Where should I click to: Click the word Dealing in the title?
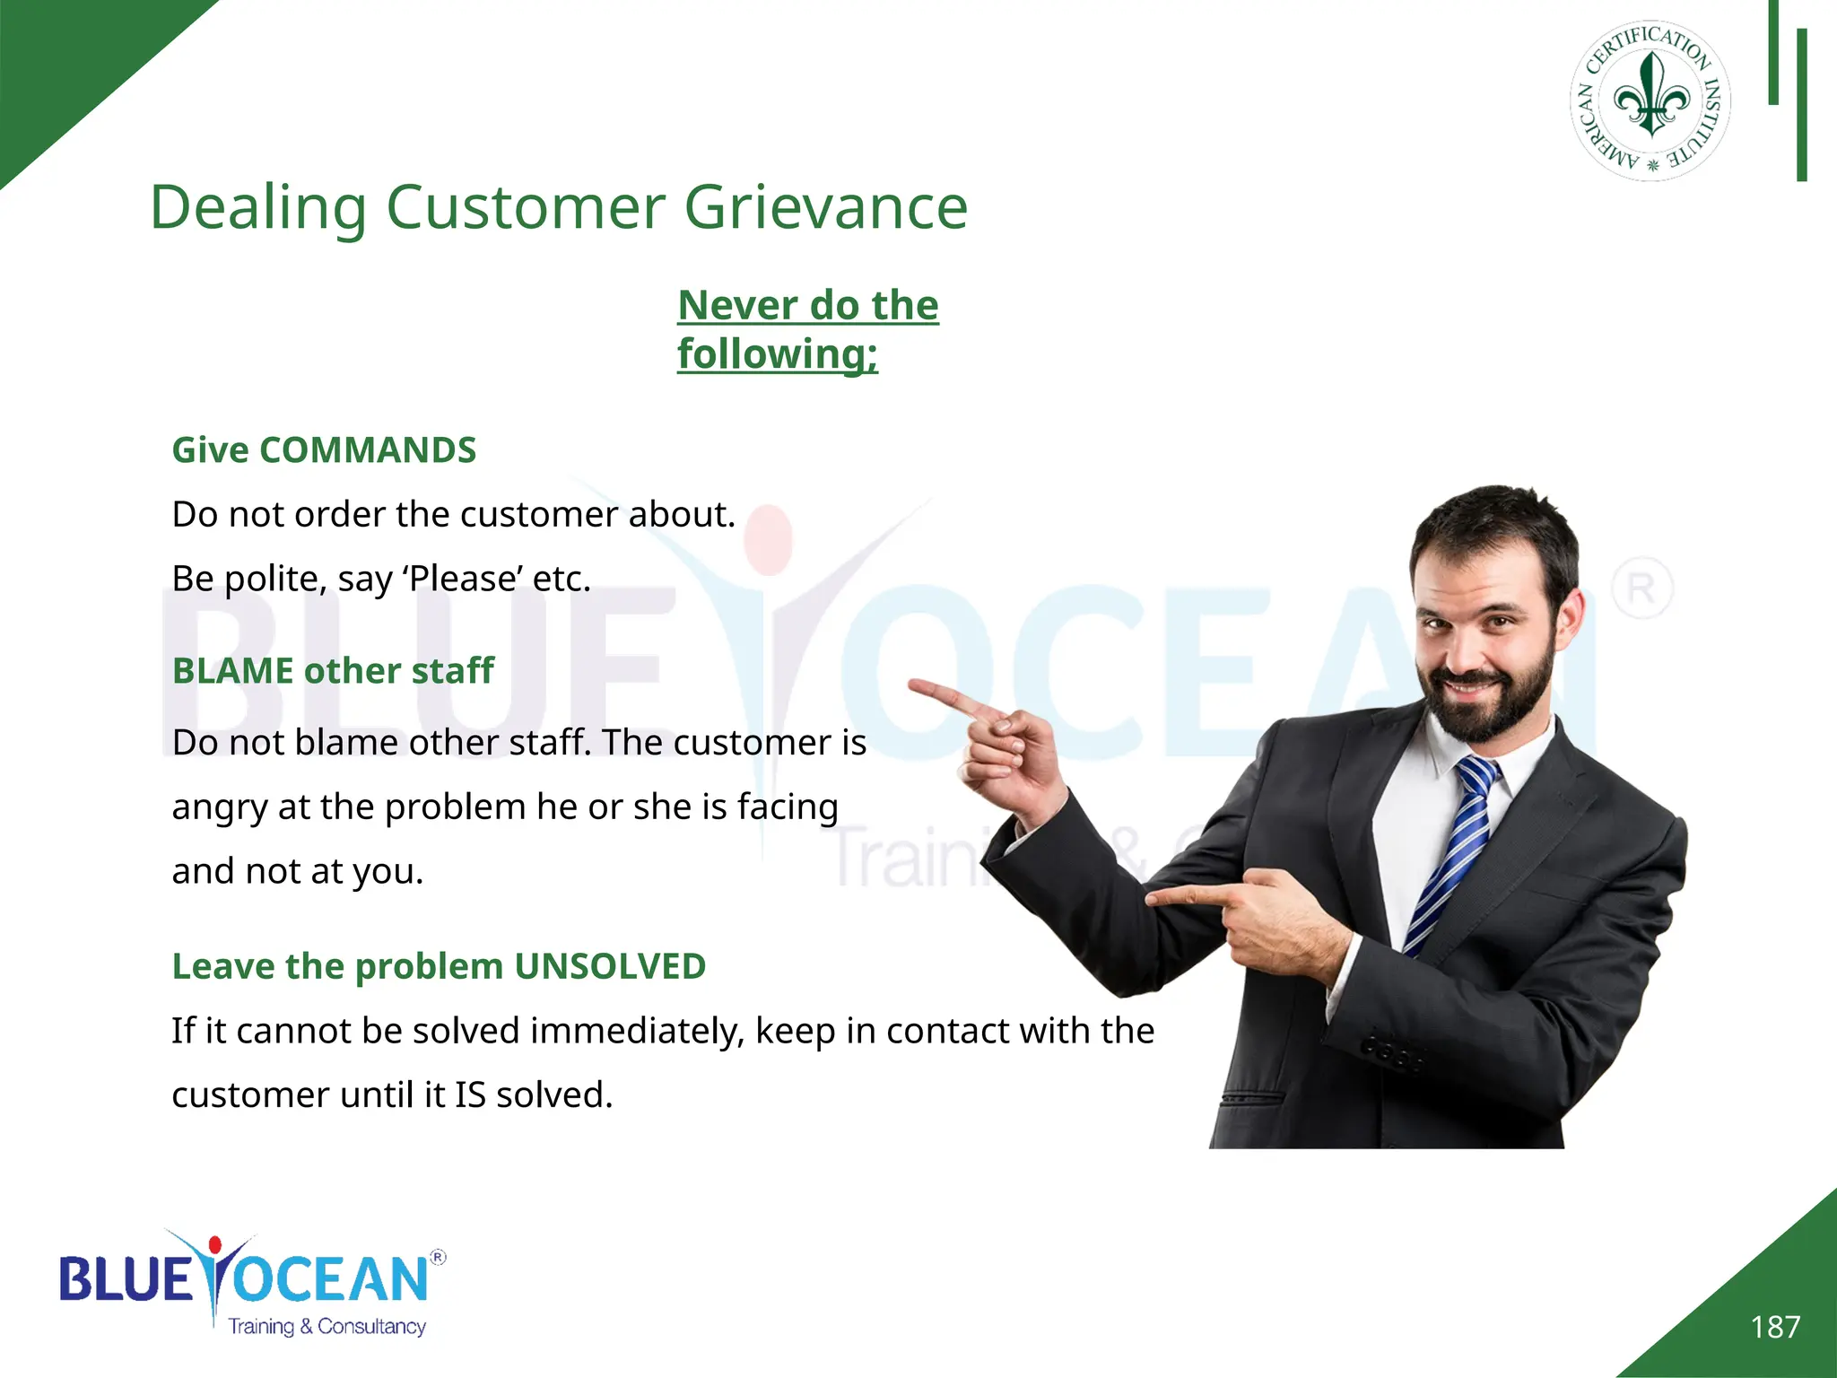[x=257, y=208]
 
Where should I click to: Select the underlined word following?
[x=777, y=353]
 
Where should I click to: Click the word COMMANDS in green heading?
[x=368, y=450]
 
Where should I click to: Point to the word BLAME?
[x=232, y=671]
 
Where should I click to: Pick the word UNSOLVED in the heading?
[x=610, y=966]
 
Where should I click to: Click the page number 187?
[x=1775, y=1327]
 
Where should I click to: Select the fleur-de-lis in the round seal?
[x=1651, y=96]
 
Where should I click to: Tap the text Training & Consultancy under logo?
[x=326, y=1326]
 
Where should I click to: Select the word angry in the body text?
[x=220, y=807]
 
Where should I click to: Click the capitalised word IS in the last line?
[x=470, y=1095]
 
